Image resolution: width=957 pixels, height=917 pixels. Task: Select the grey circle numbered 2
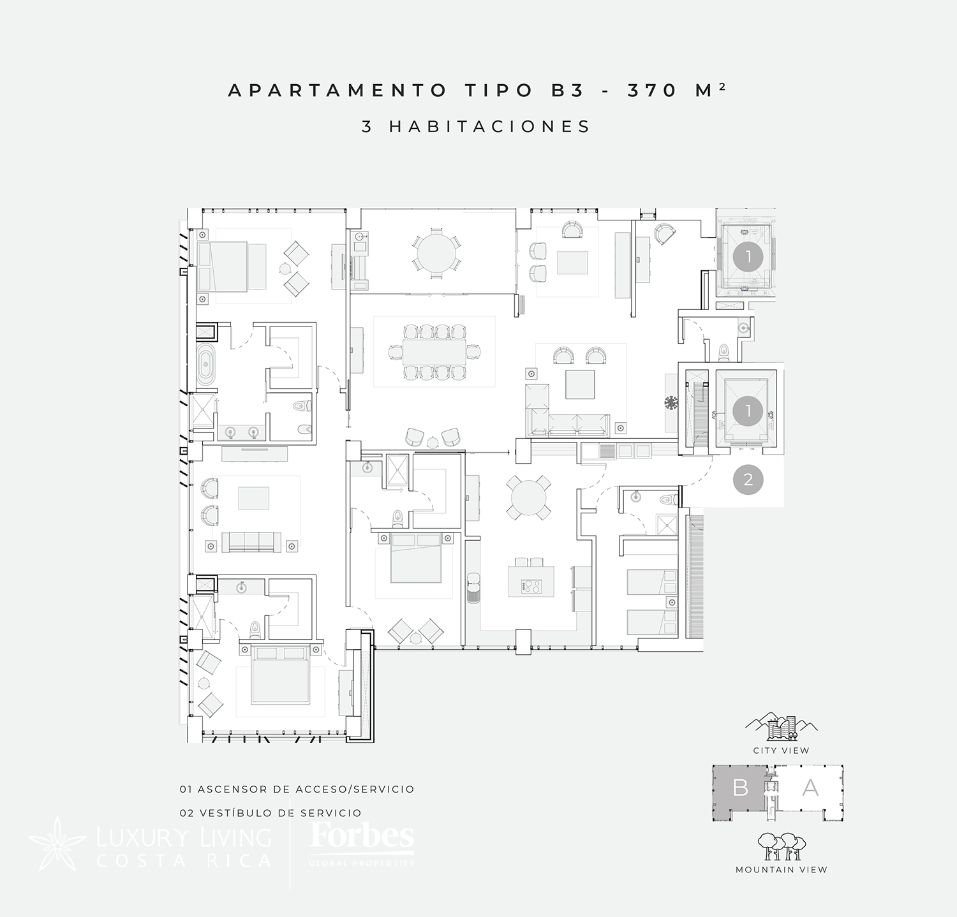point(748,479)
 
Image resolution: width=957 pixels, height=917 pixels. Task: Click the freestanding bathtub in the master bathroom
point(205,365)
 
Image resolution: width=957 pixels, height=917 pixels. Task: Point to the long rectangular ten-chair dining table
point(434,351)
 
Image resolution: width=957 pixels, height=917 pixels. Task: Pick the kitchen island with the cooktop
point(531,581)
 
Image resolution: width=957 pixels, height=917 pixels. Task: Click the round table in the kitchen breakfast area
point(528,497)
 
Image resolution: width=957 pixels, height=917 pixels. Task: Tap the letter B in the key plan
point(740,788)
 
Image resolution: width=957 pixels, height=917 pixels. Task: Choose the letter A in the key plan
point(810,788)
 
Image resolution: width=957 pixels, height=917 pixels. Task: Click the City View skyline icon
point(782,728)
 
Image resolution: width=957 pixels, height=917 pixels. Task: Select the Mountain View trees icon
point(781,846)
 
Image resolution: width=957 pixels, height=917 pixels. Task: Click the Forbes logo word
point(362,836)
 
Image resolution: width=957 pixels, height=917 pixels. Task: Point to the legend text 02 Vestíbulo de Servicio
point(271,813)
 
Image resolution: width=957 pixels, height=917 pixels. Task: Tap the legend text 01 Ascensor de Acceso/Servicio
point(297,789)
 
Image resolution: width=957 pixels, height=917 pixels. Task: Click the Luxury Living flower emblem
point(58,843)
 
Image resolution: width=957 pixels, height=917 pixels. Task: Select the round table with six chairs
point(437,254)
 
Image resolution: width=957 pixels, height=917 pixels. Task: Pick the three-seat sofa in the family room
point(251,542)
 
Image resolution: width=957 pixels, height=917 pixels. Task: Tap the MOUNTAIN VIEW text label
point(782,870)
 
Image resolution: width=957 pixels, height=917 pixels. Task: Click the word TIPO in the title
point(499,91)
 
